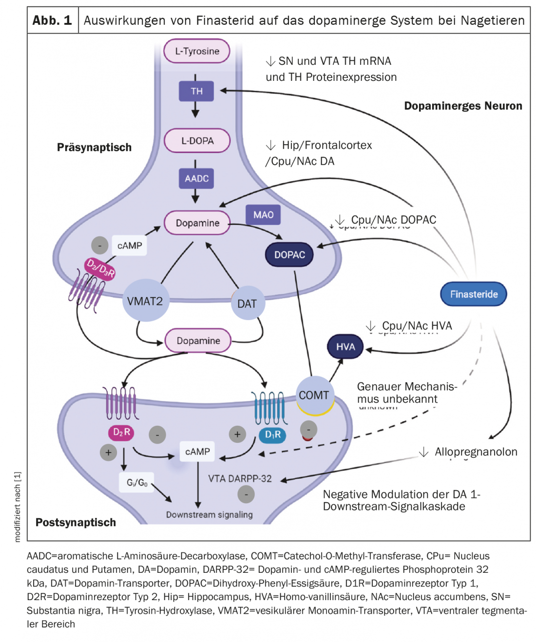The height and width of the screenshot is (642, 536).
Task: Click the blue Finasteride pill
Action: pos(473,294)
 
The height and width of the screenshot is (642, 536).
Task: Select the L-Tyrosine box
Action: pos(197,51)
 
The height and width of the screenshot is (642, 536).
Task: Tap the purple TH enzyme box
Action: pos(196,91)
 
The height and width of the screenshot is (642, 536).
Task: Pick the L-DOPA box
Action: pos(197,141)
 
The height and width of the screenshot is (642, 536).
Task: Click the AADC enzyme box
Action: pos(196,178)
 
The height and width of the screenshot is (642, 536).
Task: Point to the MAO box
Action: pos(263,215)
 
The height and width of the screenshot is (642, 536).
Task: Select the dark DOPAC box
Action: pos(289,255)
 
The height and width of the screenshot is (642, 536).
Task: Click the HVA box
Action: pos(345,347)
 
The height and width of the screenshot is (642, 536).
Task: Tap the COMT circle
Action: pos(314,395)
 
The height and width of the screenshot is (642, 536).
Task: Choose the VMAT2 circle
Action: pos(145,301)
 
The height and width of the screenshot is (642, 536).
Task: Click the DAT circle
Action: pos(247,303)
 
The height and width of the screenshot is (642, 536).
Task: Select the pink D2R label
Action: pos(121,432)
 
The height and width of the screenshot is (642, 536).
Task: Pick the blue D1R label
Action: pos(272,434)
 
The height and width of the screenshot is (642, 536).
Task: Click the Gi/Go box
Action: pos(137,482)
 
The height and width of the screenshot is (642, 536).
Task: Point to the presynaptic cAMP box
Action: pos(129,245)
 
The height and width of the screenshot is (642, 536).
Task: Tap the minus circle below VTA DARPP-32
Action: pos(246,494)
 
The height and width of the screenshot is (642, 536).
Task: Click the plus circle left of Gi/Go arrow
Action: pos(108,453)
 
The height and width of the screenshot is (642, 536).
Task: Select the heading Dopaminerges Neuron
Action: pos(463,106)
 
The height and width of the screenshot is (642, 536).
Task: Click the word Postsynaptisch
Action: pos(76,522)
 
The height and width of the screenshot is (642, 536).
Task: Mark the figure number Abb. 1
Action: pos(52,20)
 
